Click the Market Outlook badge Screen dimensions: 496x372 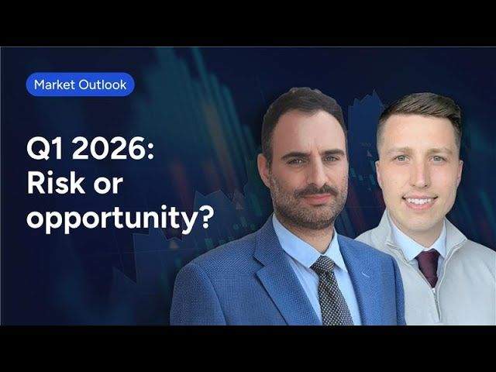pos(81,84)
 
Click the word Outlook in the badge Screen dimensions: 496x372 pos(102,84)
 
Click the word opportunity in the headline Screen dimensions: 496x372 pos(112,219)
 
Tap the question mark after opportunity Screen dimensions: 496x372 pos(205,216)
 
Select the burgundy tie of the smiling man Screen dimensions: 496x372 pos(429,267)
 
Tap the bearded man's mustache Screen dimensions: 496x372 pos(313,191)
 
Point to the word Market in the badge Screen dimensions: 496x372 pos(54,84)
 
